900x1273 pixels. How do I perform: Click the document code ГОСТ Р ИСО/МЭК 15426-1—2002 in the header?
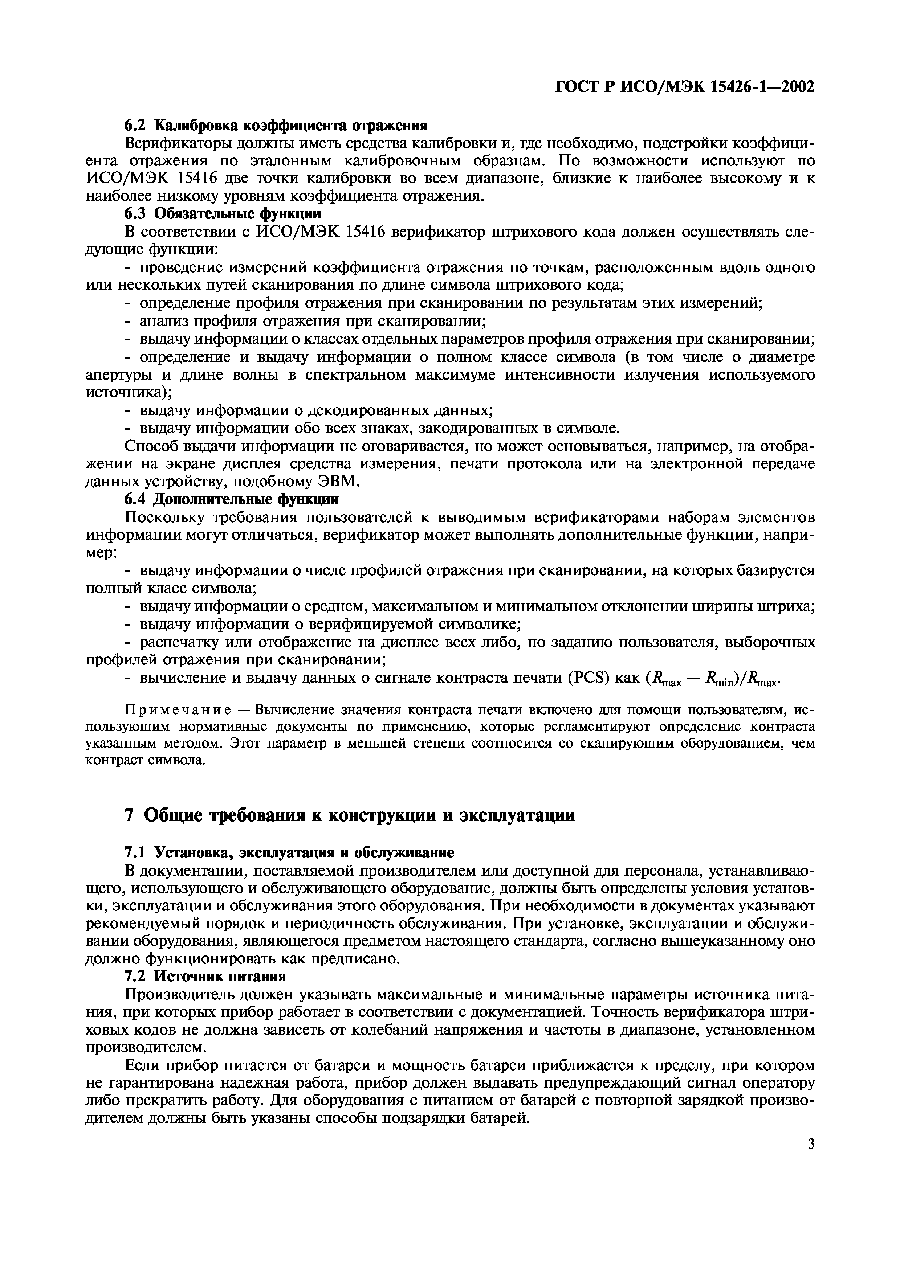click(685, 87)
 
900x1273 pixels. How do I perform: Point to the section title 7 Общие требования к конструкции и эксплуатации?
click(349, 816)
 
